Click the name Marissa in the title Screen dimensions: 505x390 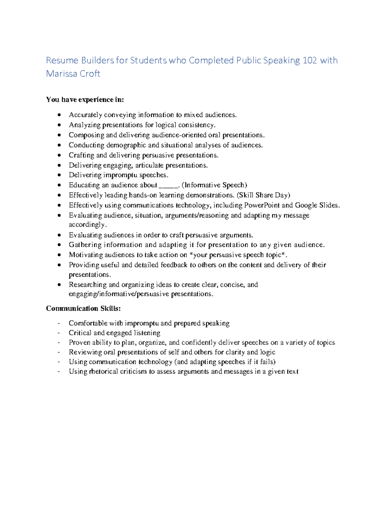(61, 74)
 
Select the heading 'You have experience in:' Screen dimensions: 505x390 (85, 100)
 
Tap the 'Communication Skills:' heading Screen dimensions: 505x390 (83, 308)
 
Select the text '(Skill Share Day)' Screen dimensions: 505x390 (263, 195)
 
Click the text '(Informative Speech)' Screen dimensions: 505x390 (214, 185)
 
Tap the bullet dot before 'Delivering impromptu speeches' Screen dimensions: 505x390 (59, 175)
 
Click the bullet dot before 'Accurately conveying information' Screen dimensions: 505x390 (59, 115)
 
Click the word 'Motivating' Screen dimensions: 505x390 (84, 255)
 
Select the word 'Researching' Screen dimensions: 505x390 (87, 285)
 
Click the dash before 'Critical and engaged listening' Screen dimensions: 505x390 (59, 333)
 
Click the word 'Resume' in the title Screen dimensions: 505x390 (62, 60)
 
